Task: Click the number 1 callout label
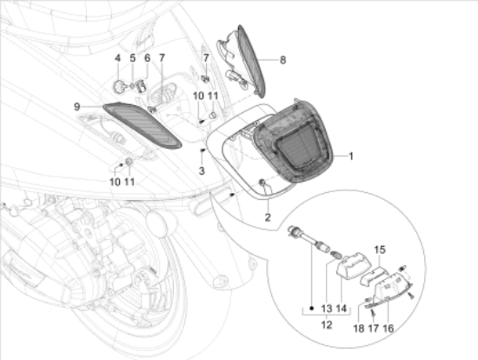(351, 157)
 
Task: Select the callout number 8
(282, 60)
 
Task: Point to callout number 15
(378, 250)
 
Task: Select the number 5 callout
(133, 58)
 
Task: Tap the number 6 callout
(148, 58)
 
